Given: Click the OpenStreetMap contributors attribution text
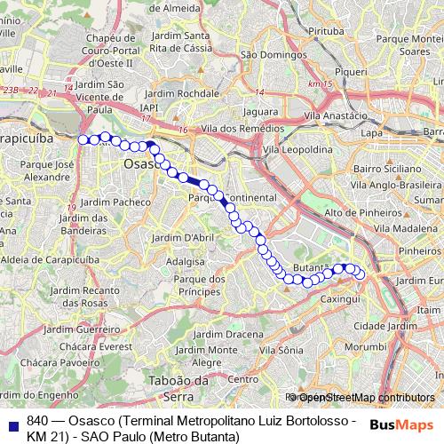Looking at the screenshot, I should (366, 398).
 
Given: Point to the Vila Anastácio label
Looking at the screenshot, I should (336, 115).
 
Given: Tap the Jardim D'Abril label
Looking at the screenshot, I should (183, 237).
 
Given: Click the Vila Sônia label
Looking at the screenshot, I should (274, 350).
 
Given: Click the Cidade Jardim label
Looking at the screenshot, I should (379, 326).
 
